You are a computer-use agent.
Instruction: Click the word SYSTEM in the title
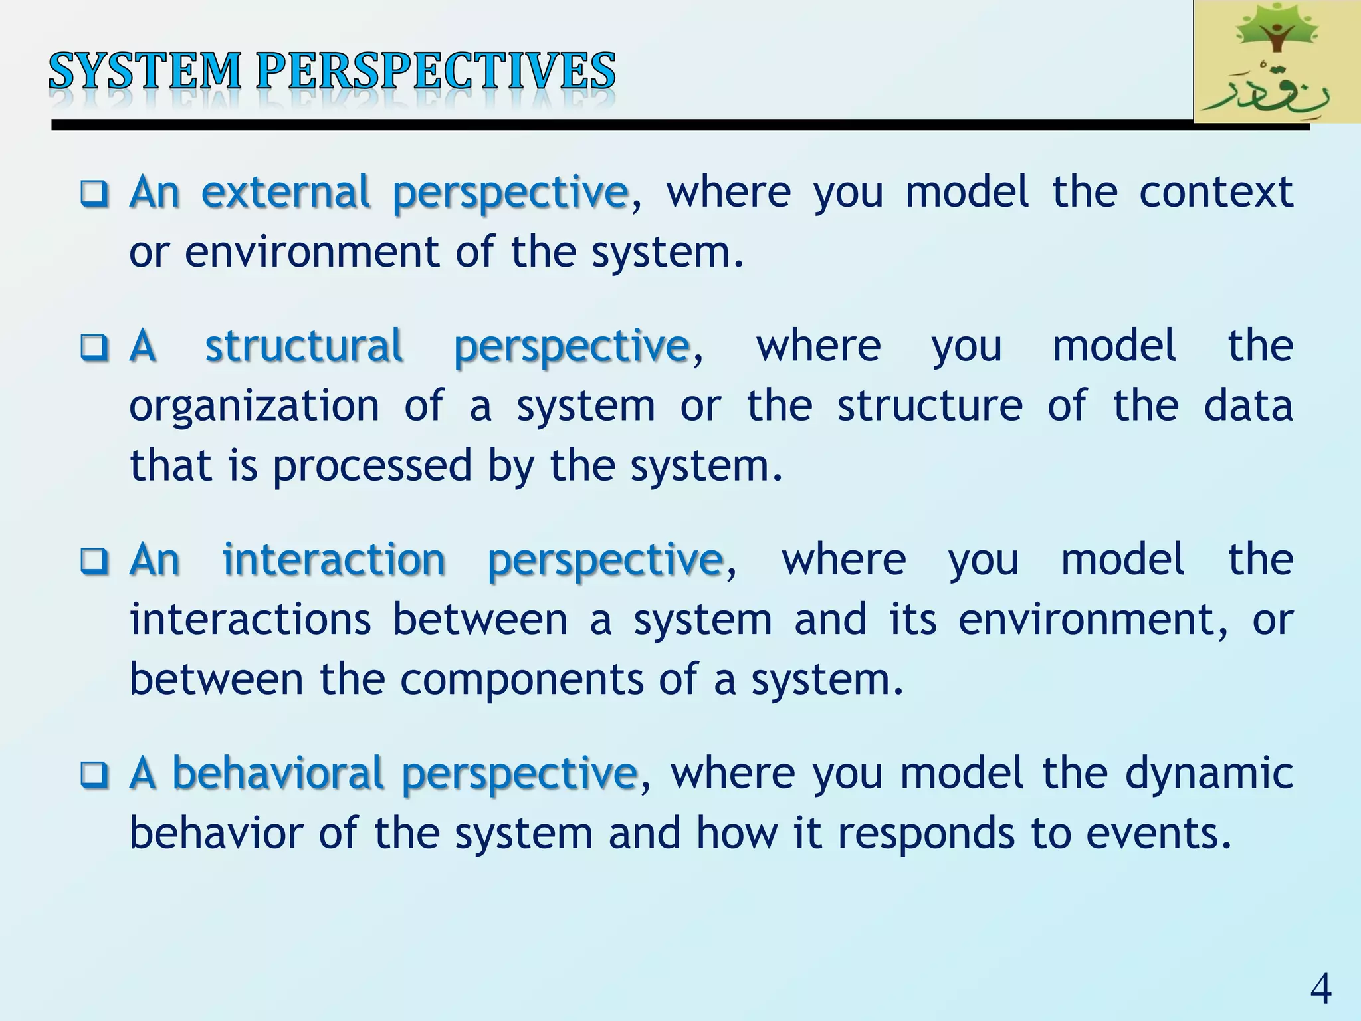coord(145,71)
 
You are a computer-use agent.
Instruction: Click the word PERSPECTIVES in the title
coord(436,71)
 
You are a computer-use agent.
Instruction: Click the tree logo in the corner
coord(1276,62)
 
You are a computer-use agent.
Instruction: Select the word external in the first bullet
coord(286,193)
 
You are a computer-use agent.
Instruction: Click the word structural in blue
coord(304,346)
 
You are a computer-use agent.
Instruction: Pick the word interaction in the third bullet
coord(334,560)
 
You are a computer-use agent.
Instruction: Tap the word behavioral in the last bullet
coord(278,774)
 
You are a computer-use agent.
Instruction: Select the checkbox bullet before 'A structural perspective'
coord(94,347)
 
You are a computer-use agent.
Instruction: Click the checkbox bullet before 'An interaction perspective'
coord(94,561)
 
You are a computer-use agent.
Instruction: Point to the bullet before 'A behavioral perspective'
coord(94,775)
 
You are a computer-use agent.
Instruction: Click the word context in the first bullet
coord(1216,193)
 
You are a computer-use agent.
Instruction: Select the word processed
coord(371,467)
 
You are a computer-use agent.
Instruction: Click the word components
coord(522,680)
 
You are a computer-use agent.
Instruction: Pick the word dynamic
coord(1209,774)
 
